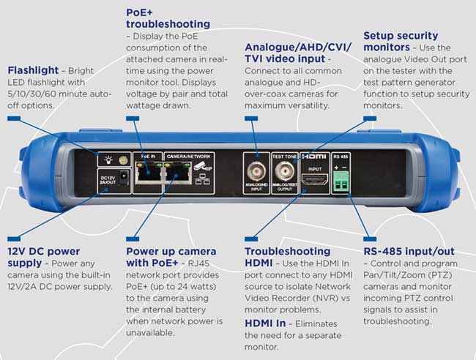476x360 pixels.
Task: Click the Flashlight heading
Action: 31,70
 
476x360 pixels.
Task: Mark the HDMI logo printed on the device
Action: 313,157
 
